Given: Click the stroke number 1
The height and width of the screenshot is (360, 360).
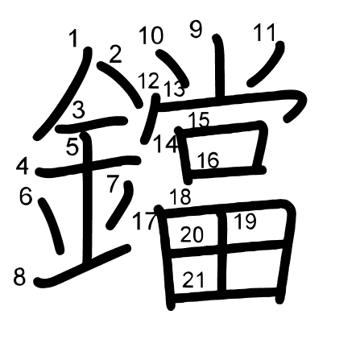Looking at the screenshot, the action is (73, 38).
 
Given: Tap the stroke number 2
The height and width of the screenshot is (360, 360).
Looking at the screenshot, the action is (115, 55).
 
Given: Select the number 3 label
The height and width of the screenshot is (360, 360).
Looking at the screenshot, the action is (79, 110).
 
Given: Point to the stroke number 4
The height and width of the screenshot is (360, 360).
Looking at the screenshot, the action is (23, 167).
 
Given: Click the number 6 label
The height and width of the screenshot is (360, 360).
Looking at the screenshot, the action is (26, 197).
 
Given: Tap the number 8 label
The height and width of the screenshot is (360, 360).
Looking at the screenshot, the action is (19, 277).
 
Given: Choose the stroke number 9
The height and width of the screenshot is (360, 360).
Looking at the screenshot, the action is (196, 29).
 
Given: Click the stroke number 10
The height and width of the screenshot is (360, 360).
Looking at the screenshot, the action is (151, 35).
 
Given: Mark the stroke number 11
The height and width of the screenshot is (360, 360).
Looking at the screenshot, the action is (265, 33).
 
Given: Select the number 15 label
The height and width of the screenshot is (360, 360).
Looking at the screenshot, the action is (199, 120).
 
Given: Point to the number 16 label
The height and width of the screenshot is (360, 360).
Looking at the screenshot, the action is (208, 160).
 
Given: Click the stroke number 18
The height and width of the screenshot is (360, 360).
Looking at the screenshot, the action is (180, 197).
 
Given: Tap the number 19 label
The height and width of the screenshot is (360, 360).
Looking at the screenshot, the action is (245, 221).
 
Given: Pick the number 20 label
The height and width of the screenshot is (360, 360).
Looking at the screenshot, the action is (192, 234).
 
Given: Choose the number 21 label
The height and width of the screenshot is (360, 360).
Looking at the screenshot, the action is (193, 279).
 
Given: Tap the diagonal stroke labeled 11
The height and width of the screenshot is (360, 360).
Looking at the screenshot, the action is (266, 64).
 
